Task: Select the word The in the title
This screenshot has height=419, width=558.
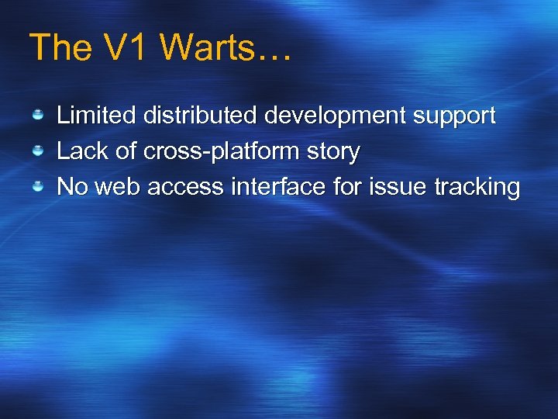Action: point(60,47)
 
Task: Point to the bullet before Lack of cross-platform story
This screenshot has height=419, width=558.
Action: point(37,151)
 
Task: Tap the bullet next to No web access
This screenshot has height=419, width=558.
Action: point(37,186)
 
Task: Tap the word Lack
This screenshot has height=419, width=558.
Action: point(83,151)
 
